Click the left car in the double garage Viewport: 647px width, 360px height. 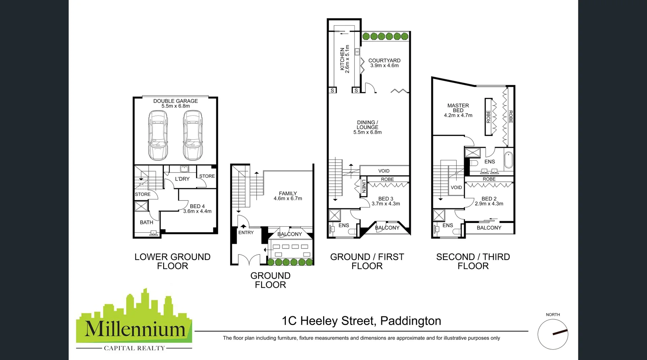[x=158, y=135]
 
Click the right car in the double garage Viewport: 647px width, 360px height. [x=193, y=135]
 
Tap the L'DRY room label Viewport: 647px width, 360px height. [x=182, y=179]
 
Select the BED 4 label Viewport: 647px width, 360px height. [x=197, y=206]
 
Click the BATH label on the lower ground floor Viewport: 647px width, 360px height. [x=146, y=222]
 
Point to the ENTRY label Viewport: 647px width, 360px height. [x=246, y=232]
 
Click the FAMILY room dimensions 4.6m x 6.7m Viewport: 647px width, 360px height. [x=288, y=199]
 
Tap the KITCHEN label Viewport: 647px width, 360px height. [x=342, y=59]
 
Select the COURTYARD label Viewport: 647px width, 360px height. [x=384, y=60]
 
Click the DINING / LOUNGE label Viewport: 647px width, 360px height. [x=367, y=125]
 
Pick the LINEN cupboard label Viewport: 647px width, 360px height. [x=364, y=186]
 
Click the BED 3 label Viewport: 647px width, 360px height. [x=386, y=199]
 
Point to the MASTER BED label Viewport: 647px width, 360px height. [x=458, y=108]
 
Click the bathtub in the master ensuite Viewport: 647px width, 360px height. [x=508, y=161]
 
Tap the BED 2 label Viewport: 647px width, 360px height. [x=489, y=199]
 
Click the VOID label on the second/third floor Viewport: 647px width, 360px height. [x=456, y=188]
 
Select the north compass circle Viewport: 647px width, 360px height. [x=553, y=334]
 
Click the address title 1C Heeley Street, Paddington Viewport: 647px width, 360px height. [x=361, y=321]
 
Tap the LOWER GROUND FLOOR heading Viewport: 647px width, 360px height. [x=172, y=261]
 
